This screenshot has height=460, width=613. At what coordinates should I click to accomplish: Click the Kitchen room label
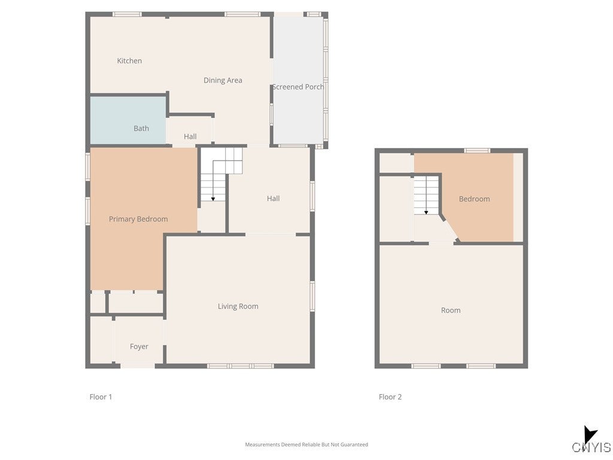click(129, 60)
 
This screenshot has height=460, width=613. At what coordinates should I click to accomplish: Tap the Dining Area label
click(223, 80)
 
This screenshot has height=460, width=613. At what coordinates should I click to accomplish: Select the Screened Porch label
click(298, 87)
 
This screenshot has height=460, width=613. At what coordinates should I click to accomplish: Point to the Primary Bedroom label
click(138, 219)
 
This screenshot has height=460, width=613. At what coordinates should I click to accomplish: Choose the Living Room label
click(238, 307)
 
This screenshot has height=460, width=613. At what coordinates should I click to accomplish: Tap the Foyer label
click(139, 347)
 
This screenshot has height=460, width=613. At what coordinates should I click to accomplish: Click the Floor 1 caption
click(101, 397)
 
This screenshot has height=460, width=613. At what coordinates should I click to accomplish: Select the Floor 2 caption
click(390, 397)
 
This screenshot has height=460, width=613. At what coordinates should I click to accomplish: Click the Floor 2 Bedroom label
click(474, 199)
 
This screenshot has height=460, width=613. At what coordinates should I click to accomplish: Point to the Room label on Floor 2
click(451, 310)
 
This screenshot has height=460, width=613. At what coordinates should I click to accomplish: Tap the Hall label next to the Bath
click(190, 137)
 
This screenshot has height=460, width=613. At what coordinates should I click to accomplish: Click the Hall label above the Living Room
click(273, 199)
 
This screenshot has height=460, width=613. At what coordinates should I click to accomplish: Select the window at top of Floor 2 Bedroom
click(477, 150)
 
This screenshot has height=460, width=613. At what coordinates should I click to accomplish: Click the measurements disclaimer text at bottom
click(306, 444)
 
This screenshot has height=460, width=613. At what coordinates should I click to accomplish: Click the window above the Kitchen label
click(127, 14)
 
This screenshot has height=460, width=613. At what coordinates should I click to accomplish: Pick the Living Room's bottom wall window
click(240, 365)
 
